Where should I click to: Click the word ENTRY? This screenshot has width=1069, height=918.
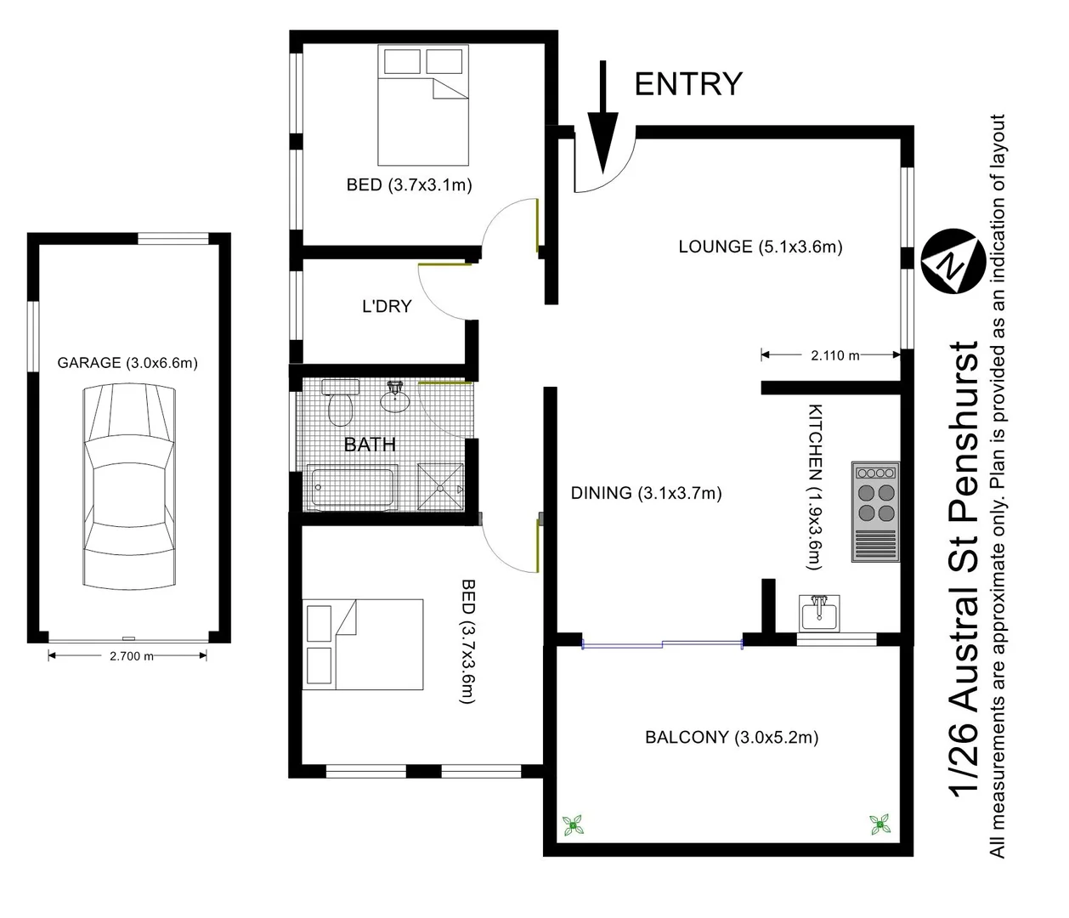688,84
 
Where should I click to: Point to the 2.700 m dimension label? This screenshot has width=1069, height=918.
131,656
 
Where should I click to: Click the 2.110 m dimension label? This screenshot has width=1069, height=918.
834,355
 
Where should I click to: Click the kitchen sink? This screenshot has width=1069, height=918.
819,612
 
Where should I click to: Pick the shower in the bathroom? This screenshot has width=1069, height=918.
440,487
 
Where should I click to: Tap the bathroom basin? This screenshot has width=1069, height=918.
394,397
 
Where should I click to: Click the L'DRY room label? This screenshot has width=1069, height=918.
387,307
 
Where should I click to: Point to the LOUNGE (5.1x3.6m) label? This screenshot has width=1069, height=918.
760,247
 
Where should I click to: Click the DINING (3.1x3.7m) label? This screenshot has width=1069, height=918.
646,493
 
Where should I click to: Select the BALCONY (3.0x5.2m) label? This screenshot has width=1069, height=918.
732,738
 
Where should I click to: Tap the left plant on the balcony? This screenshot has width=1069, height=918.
574,824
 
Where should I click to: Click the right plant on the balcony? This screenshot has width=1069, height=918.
880,824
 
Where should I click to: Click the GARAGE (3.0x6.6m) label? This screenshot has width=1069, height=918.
127,363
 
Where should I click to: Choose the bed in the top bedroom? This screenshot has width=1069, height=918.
423,105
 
